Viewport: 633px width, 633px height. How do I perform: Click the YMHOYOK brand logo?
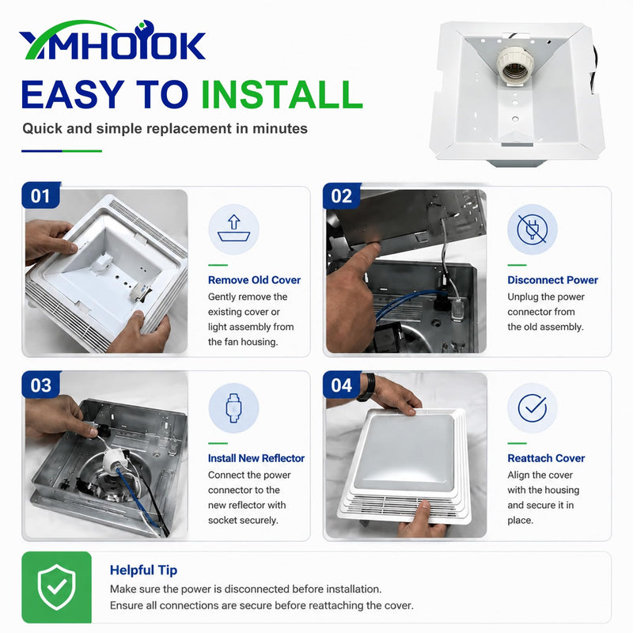click(112, 40)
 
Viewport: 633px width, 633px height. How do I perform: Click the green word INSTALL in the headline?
click(282, 94)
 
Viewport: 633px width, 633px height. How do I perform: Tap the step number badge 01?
click(40, 195)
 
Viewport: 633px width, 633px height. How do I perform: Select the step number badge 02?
click(342, 195)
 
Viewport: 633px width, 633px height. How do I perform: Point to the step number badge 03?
click(40, 385)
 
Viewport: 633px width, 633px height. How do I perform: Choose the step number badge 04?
click(342, 385)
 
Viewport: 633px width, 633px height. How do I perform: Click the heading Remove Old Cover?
click(254, 280)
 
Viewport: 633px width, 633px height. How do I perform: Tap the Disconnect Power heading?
click(552, 280)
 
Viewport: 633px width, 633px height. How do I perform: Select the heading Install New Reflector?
click(256, 458)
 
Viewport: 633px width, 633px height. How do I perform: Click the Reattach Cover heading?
click(546, 458)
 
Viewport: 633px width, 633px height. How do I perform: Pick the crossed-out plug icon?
click(532, 229)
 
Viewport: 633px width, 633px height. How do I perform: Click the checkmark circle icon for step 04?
click(532, 407)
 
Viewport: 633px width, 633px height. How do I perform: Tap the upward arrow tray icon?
click(233, 229)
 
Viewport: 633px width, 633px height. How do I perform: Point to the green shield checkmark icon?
click(56, 587)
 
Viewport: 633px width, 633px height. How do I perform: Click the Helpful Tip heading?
click(143, 570)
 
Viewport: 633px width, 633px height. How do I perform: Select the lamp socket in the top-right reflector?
click(515, 64)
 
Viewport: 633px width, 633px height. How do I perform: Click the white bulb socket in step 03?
click(114, 461)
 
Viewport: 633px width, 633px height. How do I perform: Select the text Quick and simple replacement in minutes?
click(165, 129)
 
